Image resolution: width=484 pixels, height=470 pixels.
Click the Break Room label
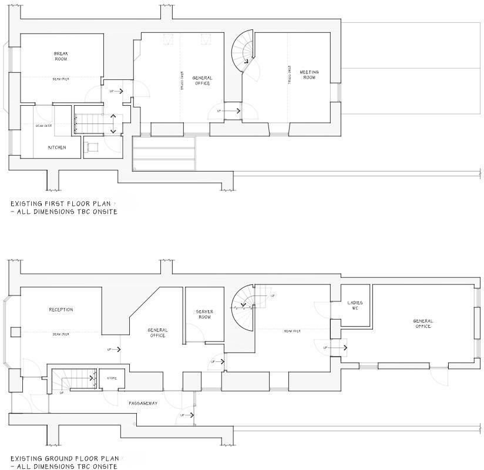pyautogui.click(x=61, y=56)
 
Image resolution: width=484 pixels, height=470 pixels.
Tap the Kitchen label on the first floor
pyautogui.click(x=57, y=147)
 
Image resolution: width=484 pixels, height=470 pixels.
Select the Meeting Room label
pyautogui.click(x=309, y=75)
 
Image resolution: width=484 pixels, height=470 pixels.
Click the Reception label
pyautogui.click(x=61, y=310)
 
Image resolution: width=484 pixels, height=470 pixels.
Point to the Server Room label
pyautogui.click(x=204, y=314)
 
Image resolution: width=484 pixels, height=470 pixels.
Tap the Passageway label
pyautogui.click(x=143, y=403)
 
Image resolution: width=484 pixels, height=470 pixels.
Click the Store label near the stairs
pyautogui.click(x=112, y=378)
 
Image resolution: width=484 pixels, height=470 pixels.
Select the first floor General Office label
pyautogui.click(x=202, y=80)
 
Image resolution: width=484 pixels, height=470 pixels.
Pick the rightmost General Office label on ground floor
pyautogui.click(x=422, y=323)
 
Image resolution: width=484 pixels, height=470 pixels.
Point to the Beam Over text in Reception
pyautogui.click(x=61, y=334)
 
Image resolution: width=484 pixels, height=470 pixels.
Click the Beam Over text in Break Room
pyautogui.click(x=61, y=79)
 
